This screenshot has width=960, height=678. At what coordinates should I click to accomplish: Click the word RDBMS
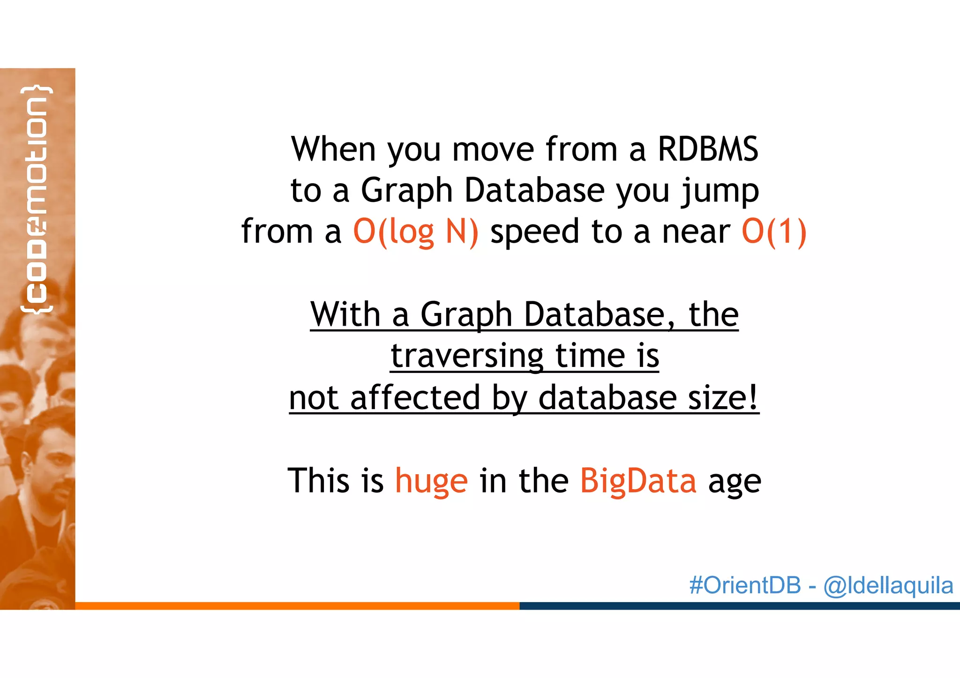point(708,149)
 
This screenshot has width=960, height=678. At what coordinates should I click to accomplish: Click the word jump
point(720,191)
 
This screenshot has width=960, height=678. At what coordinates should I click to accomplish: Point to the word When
point(333,149)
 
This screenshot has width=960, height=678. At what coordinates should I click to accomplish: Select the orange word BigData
point(638,481)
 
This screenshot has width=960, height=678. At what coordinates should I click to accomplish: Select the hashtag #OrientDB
point(745,585)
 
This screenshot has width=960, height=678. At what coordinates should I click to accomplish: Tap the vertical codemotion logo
point(37,199)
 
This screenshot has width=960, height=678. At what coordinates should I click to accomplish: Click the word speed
point(535,232)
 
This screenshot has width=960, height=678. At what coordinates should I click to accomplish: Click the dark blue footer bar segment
point(739,606)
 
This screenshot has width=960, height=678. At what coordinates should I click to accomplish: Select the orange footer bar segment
point(297,606)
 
